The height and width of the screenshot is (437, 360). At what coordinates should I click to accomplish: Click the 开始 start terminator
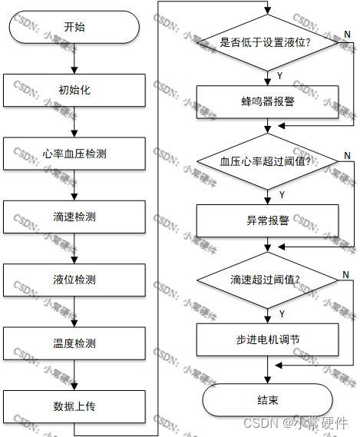(74, 27)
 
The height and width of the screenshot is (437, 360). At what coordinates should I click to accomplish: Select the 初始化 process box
(74, 90)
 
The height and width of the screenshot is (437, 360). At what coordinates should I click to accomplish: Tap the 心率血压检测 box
(74, 154)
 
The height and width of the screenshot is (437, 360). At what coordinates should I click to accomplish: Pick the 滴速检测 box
(74, 217)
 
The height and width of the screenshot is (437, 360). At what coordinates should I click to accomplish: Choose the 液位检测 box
(74, 280)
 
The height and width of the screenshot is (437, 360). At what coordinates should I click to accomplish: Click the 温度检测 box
(74, 343)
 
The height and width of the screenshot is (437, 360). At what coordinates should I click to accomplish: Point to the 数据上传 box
(74, 406)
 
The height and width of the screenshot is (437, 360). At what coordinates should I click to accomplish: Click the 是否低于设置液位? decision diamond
(267, 43)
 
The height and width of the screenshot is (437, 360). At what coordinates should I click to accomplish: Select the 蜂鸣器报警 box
(267, 101)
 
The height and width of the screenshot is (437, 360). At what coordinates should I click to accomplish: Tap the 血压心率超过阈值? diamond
(267, 161)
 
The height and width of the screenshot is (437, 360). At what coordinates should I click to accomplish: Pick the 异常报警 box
(267, 220)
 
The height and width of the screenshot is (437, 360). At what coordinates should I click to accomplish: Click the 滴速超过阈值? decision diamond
(267, 280)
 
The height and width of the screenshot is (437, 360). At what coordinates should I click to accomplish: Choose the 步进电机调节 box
(267, 339)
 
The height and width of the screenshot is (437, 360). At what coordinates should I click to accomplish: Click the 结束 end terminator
(267, 400)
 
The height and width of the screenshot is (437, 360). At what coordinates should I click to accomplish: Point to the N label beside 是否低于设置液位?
(347, 35)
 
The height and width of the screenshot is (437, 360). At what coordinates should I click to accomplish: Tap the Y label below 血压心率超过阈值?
(282, 195)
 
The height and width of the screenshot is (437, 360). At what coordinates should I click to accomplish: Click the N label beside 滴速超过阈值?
(345, 275)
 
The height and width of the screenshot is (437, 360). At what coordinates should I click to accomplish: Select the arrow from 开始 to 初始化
(74, 58)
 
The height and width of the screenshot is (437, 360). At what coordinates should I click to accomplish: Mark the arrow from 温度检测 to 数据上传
(74, 375)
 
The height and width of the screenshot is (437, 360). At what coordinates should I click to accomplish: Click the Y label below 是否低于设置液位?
(279, 76)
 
